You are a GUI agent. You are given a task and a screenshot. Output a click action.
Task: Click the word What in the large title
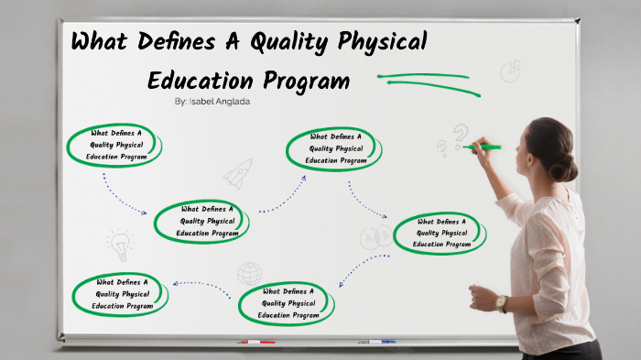[101, 43]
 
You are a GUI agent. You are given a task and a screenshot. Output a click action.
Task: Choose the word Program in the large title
[305, 82]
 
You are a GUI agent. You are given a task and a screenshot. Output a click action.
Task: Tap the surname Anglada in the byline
[234, 102]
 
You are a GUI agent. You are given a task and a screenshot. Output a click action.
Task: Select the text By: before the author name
[180, 102]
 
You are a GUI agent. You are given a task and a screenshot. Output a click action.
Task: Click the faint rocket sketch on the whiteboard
[237, 173]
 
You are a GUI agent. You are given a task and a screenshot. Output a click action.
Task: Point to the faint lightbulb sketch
[120, 245]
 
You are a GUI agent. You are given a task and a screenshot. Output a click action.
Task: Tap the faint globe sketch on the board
[249, 273]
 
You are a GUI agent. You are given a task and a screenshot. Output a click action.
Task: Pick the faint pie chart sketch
[510, 71]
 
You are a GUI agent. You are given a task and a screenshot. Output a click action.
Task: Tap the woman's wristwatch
[501, 303]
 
